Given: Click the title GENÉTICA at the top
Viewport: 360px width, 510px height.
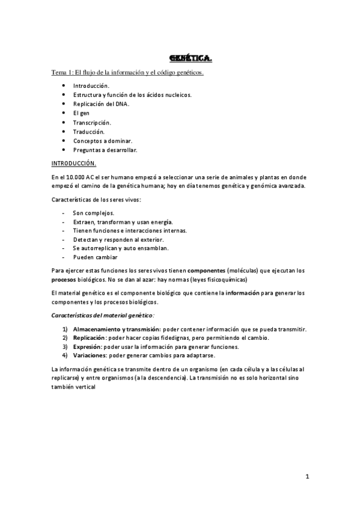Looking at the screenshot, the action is point(191,58).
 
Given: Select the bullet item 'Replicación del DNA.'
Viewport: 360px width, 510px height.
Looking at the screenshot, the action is point(100,103).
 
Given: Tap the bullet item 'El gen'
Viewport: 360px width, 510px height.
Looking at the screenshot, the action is point(81,112).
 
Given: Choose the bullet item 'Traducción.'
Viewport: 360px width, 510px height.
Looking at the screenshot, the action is point(88,131).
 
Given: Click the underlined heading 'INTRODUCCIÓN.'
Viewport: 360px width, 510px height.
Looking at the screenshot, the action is point(73,163).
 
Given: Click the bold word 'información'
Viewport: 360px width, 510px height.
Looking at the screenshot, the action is point(242,293).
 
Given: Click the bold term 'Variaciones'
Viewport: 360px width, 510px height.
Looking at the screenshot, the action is point(90,355).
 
